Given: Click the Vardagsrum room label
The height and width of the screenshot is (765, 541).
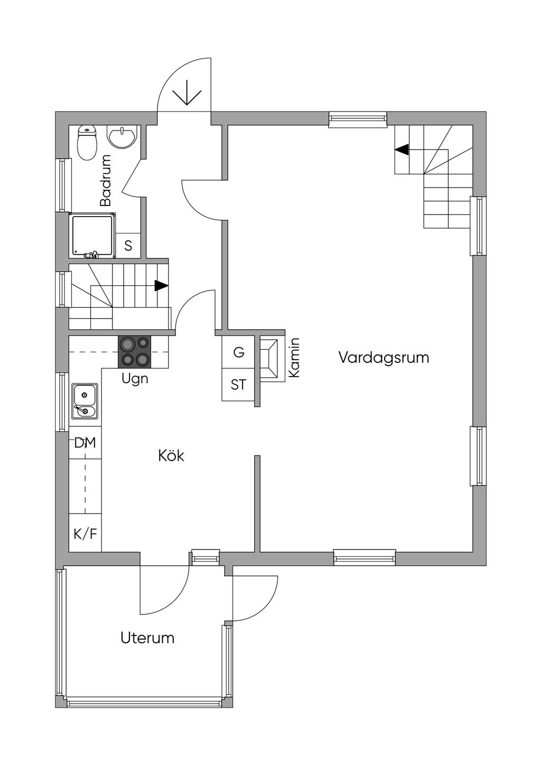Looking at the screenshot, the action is coord(384,358).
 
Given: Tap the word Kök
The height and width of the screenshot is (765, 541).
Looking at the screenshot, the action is coord(171,455).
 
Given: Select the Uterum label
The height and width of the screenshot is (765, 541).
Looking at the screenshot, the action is coord(147,638).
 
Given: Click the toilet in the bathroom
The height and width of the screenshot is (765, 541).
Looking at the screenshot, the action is coord(87,142).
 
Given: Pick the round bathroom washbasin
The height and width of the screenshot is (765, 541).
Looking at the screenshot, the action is coord(123,136).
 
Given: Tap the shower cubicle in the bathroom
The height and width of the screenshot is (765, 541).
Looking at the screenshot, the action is coord(92,236).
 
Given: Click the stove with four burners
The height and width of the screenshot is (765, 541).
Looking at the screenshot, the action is coord(134,352).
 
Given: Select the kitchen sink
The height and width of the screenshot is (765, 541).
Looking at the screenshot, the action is coord(85,401).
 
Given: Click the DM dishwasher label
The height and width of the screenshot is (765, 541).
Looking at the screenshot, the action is coord(85,443).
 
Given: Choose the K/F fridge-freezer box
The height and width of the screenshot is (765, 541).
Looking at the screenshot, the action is coord(85,534).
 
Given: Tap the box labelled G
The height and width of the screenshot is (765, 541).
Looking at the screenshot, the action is coord(239,352).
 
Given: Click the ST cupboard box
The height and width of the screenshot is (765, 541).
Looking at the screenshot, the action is coord(238,385).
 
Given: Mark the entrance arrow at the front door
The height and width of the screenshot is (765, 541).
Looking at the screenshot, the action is coord(187,95).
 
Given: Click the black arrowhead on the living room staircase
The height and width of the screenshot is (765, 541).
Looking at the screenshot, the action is coord(402,150).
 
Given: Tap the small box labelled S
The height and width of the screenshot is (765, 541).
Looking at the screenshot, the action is coord(128,246).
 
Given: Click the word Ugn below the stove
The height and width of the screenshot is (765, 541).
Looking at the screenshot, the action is coord(135,378).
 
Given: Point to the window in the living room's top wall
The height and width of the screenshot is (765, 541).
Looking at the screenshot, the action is coord(358,119).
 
